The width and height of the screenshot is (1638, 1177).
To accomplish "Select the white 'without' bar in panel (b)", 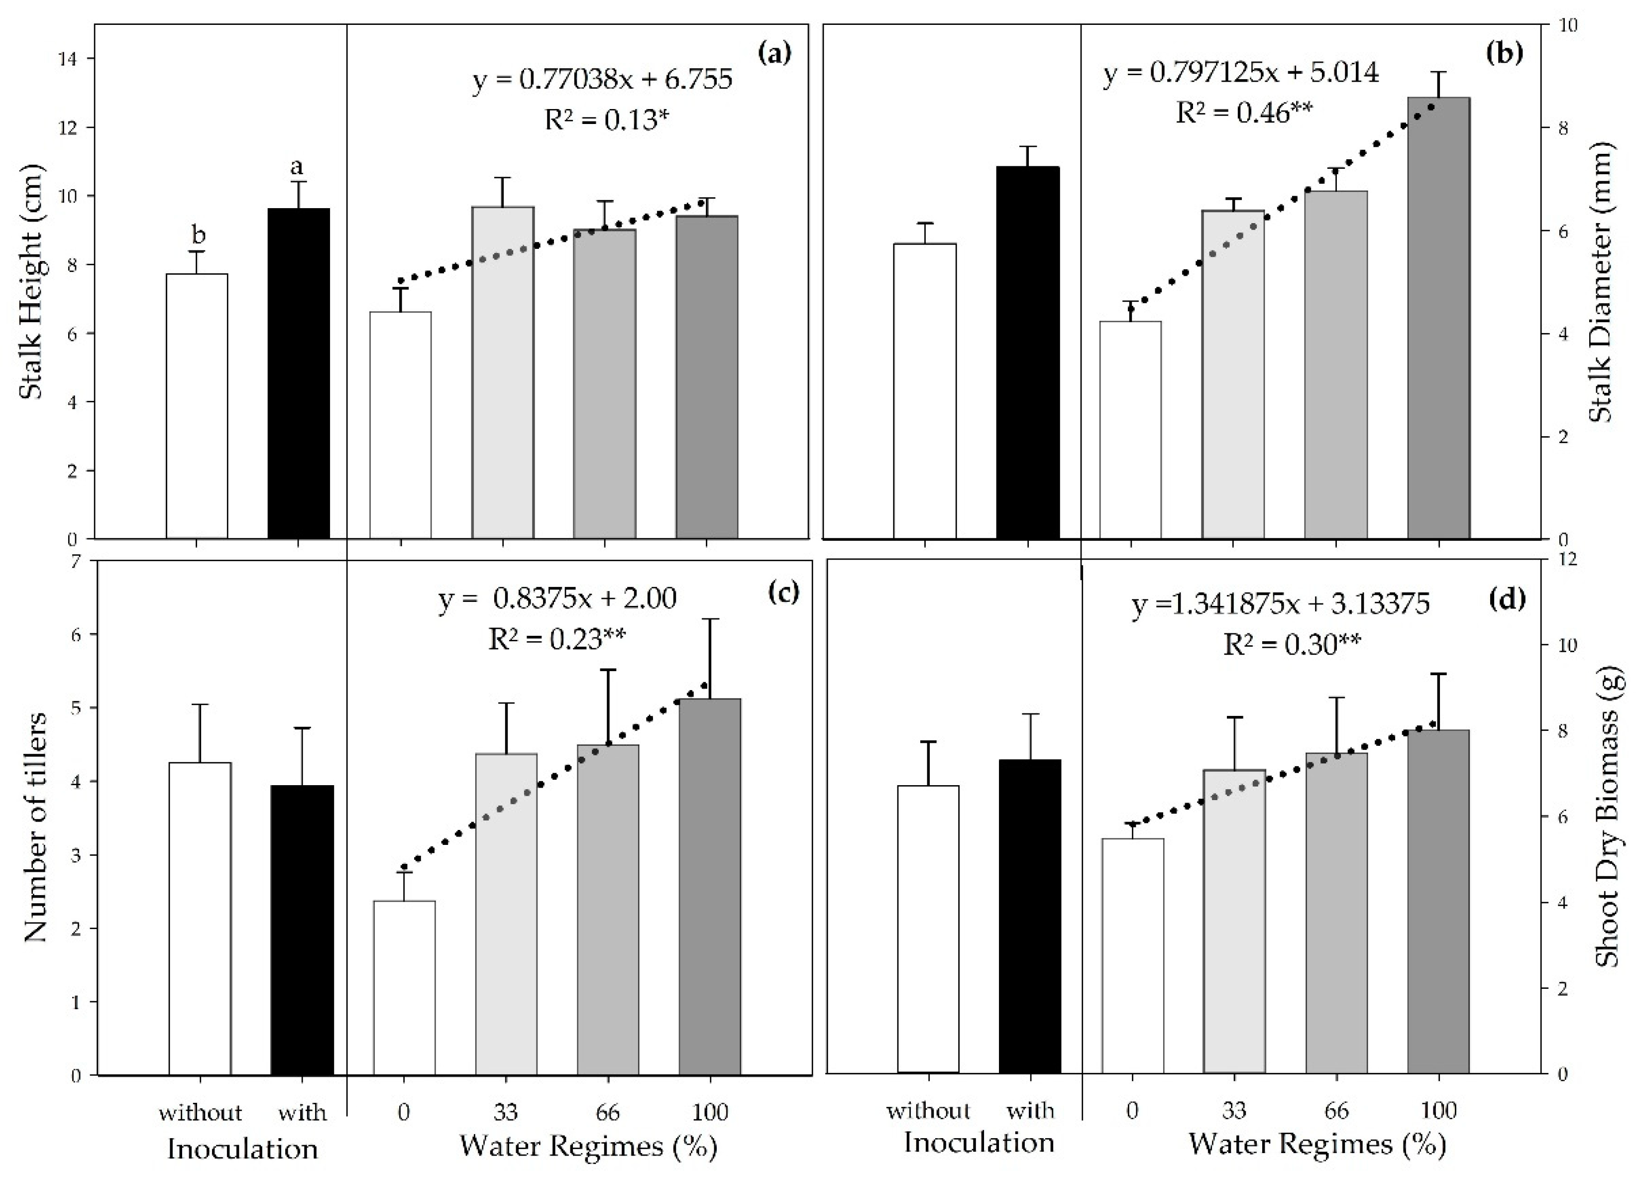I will [924, 391].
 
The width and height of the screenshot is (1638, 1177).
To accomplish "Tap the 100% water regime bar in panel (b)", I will [1439, 318].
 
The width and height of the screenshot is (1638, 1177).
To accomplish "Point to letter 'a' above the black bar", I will [296, 167].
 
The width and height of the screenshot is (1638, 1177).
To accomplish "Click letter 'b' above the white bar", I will [197, 235].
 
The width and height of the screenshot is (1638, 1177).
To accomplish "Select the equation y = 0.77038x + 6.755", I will [602, 80].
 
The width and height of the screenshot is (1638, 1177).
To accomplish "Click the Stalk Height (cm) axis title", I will [30, 282].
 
